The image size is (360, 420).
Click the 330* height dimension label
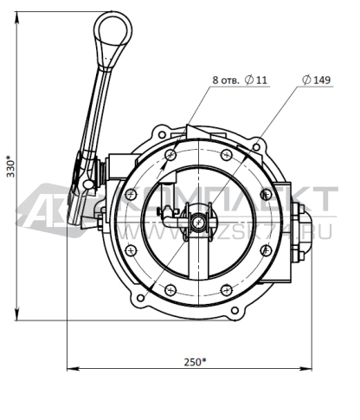pos(10,166)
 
